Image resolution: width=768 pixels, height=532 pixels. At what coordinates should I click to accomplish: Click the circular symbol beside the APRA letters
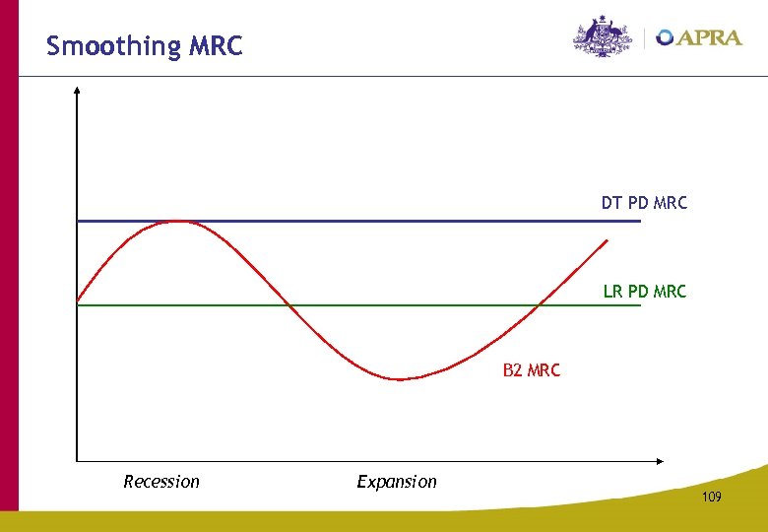[666, 37]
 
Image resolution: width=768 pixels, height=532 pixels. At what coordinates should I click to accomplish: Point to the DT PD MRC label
[644, 203]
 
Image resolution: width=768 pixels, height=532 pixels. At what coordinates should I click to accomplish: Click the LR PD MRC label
[644, 291]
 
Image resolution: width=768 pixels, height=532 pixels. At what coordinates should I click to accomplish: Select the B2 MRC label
[531, 370]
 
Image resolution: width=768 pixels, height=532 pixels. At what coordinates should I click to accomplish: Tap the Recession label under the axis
[161, 482]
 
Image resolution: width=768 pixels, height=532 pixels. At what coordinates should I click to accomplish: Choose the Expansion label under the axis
[397, 482]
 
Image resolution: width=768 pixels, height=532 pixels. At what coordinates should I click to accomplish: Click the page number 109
[712, 498]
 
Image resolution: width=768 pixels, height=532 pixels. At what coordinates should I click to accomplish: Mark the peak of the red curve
[178, 222]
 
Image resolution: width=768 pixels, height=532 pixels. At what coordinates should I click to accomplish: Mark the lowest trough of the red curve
[399, 379]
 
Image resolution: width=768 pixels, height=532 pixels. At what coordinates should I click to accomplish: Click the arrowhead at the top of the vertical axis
[77, 90]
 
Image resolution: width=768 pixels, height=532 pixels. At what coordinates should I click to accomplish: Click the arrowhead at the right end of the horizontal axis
[660, 460]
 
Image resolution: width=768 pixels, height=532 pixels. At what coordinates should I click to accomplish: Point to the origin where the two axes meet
[77, 460]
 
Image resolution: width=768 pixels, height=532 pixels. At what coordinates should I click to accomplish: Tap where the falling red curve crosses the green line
[288, 305]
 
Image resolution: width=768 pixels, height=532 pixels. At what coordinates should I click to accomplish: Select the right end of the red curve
[609, 239]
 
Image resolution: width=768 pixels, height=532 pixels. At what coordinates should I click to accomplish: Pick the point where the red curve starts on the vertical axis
[78, 299]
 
